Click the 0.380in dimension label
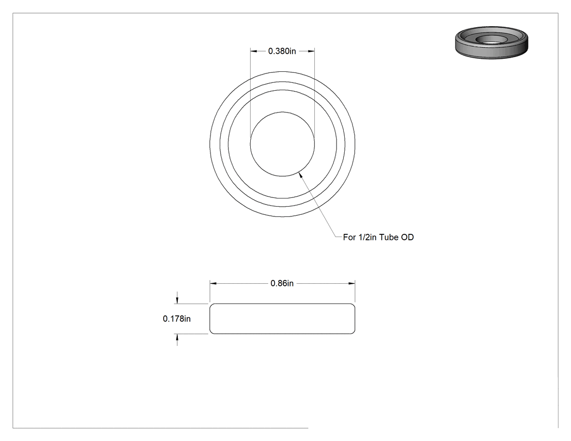coord(282,51)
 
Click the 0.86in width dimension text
coord(282,283)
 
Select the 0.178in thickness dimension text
coord(177,319)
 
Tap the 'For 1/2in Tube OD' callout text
coord(378,238)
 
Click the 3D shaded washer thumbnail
coord(491,42)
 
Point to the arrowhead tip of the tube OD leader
coord(299,172)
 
